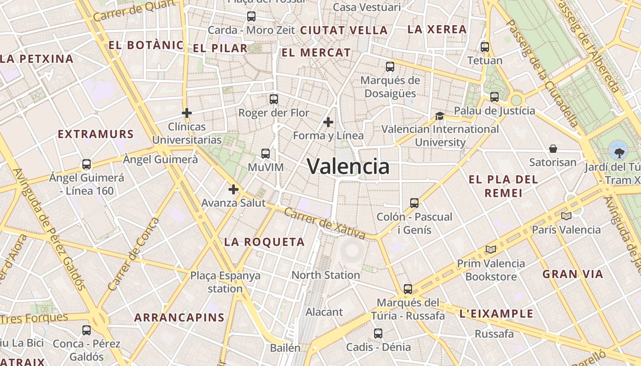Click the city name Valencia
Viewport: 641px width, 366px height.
(x=348, y=166)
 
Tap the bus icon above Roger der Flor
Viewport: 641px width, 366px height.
(x=274, y=99)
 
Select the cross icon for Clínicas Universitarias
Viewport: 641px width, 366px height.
(x=187, y=113)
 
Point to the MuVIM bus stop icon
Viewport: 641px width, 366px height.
(x=266, y=154)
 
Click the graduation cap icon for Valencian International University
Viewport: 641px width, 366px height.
(x=440, y=116)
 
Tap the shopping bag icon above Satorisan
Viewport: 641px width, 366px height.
(x=553, y=149)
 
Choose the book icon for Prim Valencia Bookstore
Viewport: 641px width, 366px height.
(x=491, y=249)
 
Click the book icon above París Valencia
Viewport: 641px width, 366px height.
(x=566, y=216)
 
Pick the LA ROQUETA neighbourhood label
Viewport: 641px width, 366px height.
(x=264, y=242)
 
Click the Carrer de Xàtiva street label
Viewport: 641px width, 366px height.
(x=324, y=223)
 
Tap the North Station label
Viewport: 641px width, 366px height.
(x=326, y=275)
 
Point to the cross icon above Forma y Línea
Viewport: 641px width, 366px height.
(x=328, y=122)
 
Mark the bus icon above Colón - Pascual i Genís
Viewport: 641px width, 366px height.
(x=414, y=203)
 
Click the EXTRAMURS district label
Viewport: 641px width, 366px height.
(x=96, y=135)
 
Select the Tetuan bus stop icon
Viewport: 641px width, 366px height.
(x=485, y=47)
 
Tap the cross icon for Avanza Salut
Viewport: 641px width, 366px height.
(x=234, y=189)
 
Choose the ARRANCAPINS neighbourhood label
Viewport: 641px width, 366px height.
(x=179, y=318)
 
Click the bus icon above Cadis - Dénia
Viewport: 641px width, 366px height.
(x=378, y=334)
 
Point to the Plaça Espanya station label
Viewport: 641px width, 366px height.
(x=225, y=282)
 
